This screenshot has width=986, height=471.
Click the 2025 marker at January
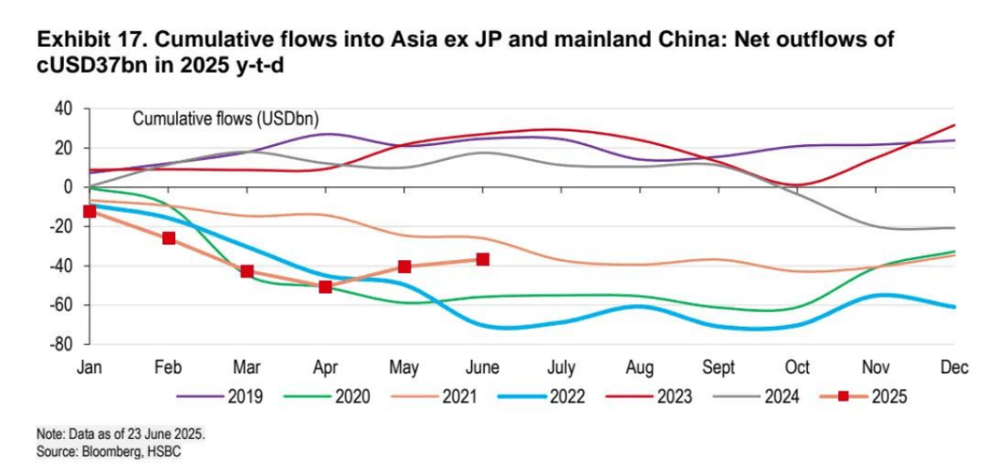[89, 212]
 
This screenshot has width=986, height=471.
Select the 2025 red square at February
[169, 238]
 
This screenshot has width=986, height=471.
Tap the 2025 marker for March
[246, 271]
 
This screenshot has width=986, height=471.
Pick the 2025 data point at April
[325, 287]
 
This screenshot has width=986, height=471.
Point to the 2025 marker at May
[404, 267]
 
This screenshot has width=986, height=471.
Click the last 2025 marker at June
[482, 259]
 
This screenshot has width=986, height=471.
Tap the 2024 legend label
[780, 396]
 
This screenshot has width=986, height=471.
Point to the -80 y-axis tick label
[60, 344]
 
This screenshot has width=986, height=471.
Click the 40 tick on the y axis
[63, 109]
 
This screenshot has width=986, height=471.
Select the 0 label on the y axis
[68, 187]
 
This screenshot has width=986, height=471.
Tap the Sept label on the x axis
[719, 367]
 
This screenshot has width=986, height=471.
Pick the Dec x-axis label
[953, 367]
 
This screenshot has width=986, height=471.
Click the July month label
[561, 367]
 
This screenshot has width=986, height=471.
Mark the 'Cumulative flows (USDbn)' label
[225, 119]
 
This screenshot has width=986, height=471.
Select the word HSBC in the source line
[161, 452]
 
